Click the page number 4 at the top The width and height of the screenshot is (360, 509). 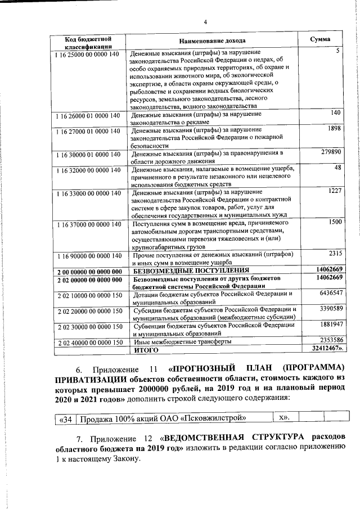point(205,22)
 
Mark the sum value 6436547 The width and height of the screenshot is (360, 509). point(331,294)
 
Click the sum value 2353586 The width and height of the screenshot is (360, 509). point(331,341)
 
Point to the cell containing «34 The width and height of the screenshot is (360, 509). point(65,418)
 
